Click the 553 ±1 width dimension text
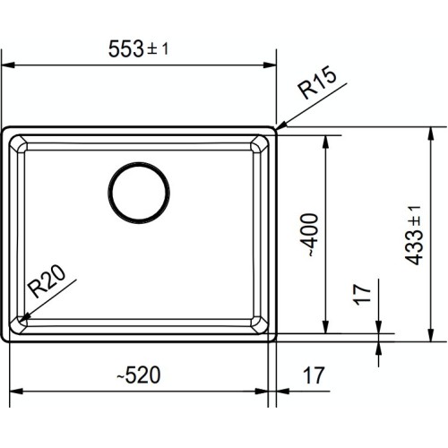point(143,50)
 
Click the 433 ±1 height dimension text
point(413,235)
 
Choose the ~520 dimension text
point(143,376)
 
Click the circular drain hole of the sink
point(139,192)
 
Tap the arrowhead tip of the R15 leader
point(277,129)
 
